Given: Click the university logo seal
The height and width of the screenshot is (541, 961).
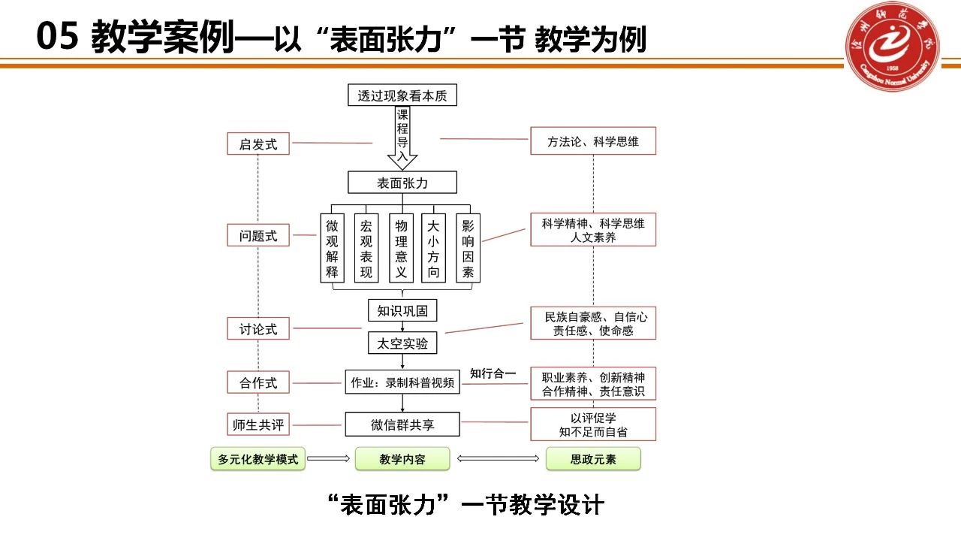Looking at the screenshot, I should [893, 47].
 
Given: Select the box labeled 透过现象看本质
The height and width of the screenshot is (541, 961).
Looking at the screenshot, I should [402, 95].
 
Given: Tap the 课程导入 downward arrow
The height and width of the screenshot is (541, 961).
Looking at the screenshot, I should [402, 139].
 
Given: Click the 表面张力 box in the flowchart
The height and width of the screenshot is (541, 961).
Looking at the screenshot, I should [402, 183].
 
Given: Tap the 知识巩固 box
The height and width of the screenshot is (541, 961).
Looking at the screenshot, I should [402, 310].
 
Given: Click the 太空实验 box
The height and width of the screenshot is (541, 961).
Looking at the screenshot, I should [402, 343].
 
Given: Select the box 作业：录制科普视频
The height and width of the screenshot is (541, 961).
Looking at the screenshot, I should [402, 382].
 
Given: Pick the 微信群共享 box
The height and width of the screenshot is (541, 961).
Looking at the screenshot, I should [402, 425].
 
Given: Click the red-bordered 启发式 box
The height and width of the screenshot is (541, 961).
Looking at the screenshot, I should [258, 144].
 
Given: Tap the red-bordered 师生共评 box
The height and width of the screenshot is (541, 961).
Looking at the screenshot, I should [258, 425].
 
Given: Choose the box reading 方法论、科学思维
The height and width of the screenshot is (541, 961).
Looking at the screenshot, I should [593, 141].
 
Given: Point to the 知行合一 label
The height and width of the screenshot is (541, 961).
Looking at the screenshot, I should [493, 373].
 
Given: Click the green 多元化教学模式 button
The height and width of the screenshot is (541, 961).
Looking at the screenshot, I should [258, 459].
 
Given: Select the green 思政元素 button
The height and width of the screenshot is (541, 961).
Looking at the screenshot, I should [593, 459].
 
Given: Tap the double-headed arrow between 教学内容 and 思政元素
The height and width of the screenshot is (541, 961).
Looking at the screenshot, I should [498, 459].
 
